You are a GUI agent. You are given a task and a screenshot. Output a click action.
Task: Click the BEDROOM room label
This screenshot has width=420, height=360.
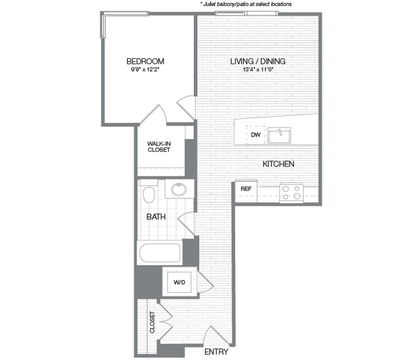(147, 62)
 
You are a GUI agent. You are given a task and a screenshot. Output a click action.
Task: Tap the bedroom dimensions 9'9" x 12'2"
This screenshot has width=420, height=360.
(147, 71)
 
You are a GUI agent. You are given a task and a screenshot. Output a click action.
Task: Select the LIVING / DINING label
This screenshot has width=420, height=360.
(258, 62)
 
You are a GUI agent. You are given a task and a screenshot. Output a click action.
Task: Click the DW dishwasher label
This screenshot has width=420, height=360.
(255, 135)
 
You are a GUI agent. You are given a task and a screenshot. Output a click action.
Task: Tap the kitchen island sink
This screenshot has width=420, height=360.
(280, 135)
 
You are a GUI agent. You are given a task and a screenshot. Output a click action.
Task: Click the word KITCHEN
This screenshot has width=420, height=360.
(278, 164)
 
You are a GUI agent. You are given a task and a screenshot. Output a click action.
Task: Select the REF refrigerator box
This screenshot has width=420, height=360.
(246, 189)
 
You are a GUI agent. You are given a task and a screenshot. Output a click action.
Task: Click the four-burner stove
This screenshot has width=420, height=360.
(291, 192)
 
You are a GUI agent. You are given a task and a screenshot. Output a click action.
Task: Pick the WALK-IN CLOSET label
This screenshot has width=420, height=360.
(158, 146)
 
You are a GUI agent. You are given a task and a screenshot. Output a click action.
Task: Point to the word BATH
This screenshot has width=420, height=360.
(156, 217)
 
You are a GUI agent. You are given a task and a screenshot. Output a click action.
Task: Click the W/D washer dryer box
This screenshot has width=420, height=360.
(178, 282)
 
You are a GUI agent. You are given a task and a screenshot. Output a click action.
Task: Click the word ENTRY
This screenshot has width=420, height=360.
(216, 353)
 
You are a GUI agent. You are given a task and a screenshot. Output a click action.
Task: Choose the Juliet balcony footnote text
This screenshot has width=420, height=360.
(246, 4)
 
